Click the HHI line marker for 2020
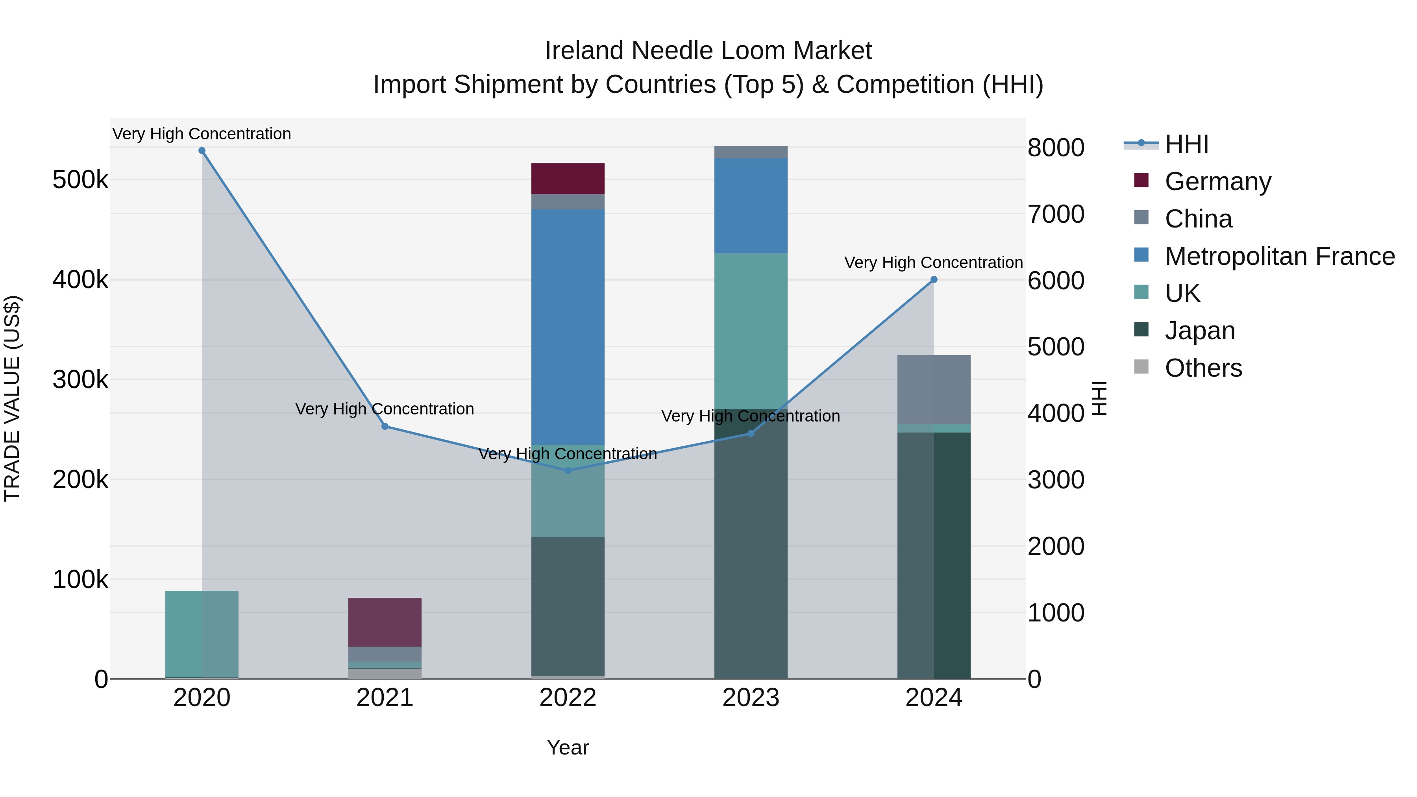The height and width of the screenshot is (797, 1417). click(202, 151)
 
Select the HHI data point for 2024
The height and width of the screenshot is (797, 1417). click(934, 279)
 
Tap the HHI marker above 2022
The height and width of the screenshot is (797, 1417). click(568, 471)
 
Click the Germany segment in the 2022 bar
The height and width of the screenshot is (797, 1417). click(568, 179)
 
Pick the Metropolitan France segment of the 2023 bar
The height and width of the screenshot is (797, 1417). click(751, 206)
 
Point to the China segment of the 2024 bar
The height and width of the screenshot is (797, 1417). click(934, 389)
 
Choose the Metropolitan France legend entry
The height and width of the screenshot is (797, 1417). click(1280, 256)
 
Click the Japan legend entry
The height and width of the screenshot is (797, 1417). click(1200, 331)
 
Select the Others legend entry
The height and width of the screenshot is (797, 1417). click(1203, 368)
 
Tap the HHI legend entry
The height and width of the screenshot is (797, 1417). click(1186, 144)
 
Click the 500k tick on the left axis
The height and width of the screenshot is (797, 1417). click(80, 180)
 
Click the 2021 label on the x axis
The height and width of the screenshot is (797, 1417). click(385, 698)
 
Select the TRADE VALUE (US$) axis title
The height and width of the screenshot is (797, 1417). click(12, 398)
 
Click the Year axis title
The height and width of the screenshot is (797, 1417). click(568, 747)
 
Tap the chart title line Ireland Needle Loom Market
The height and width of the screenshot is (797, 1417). click(708, 51)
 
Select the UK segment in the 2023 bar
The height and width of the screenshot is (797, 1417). click(751, 331)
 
